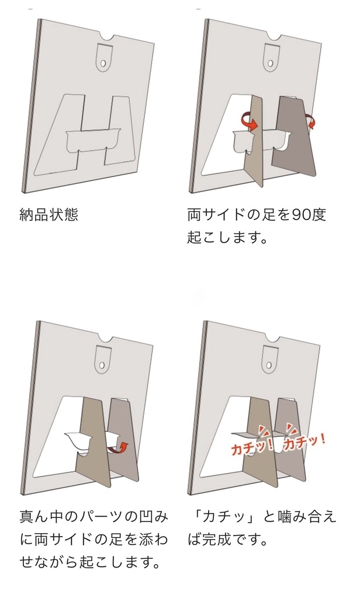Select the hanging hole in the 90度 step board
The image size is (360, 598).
tap(271, 61)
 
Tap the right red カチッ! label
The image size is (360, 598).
tap(304, 441)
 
